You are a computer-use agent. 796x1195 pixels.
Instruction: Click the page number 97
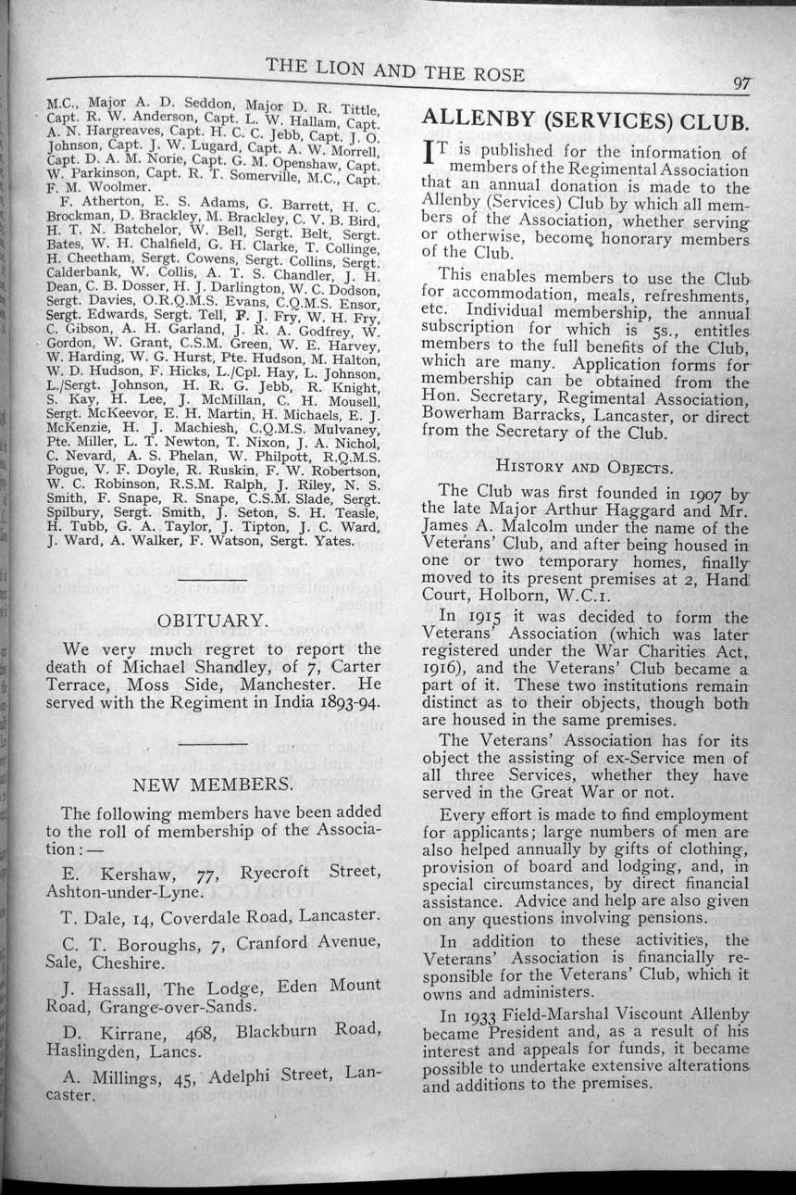point(741,82)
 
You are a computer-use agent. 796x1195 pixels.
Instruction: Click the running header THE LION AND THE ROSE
point(395,71)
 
